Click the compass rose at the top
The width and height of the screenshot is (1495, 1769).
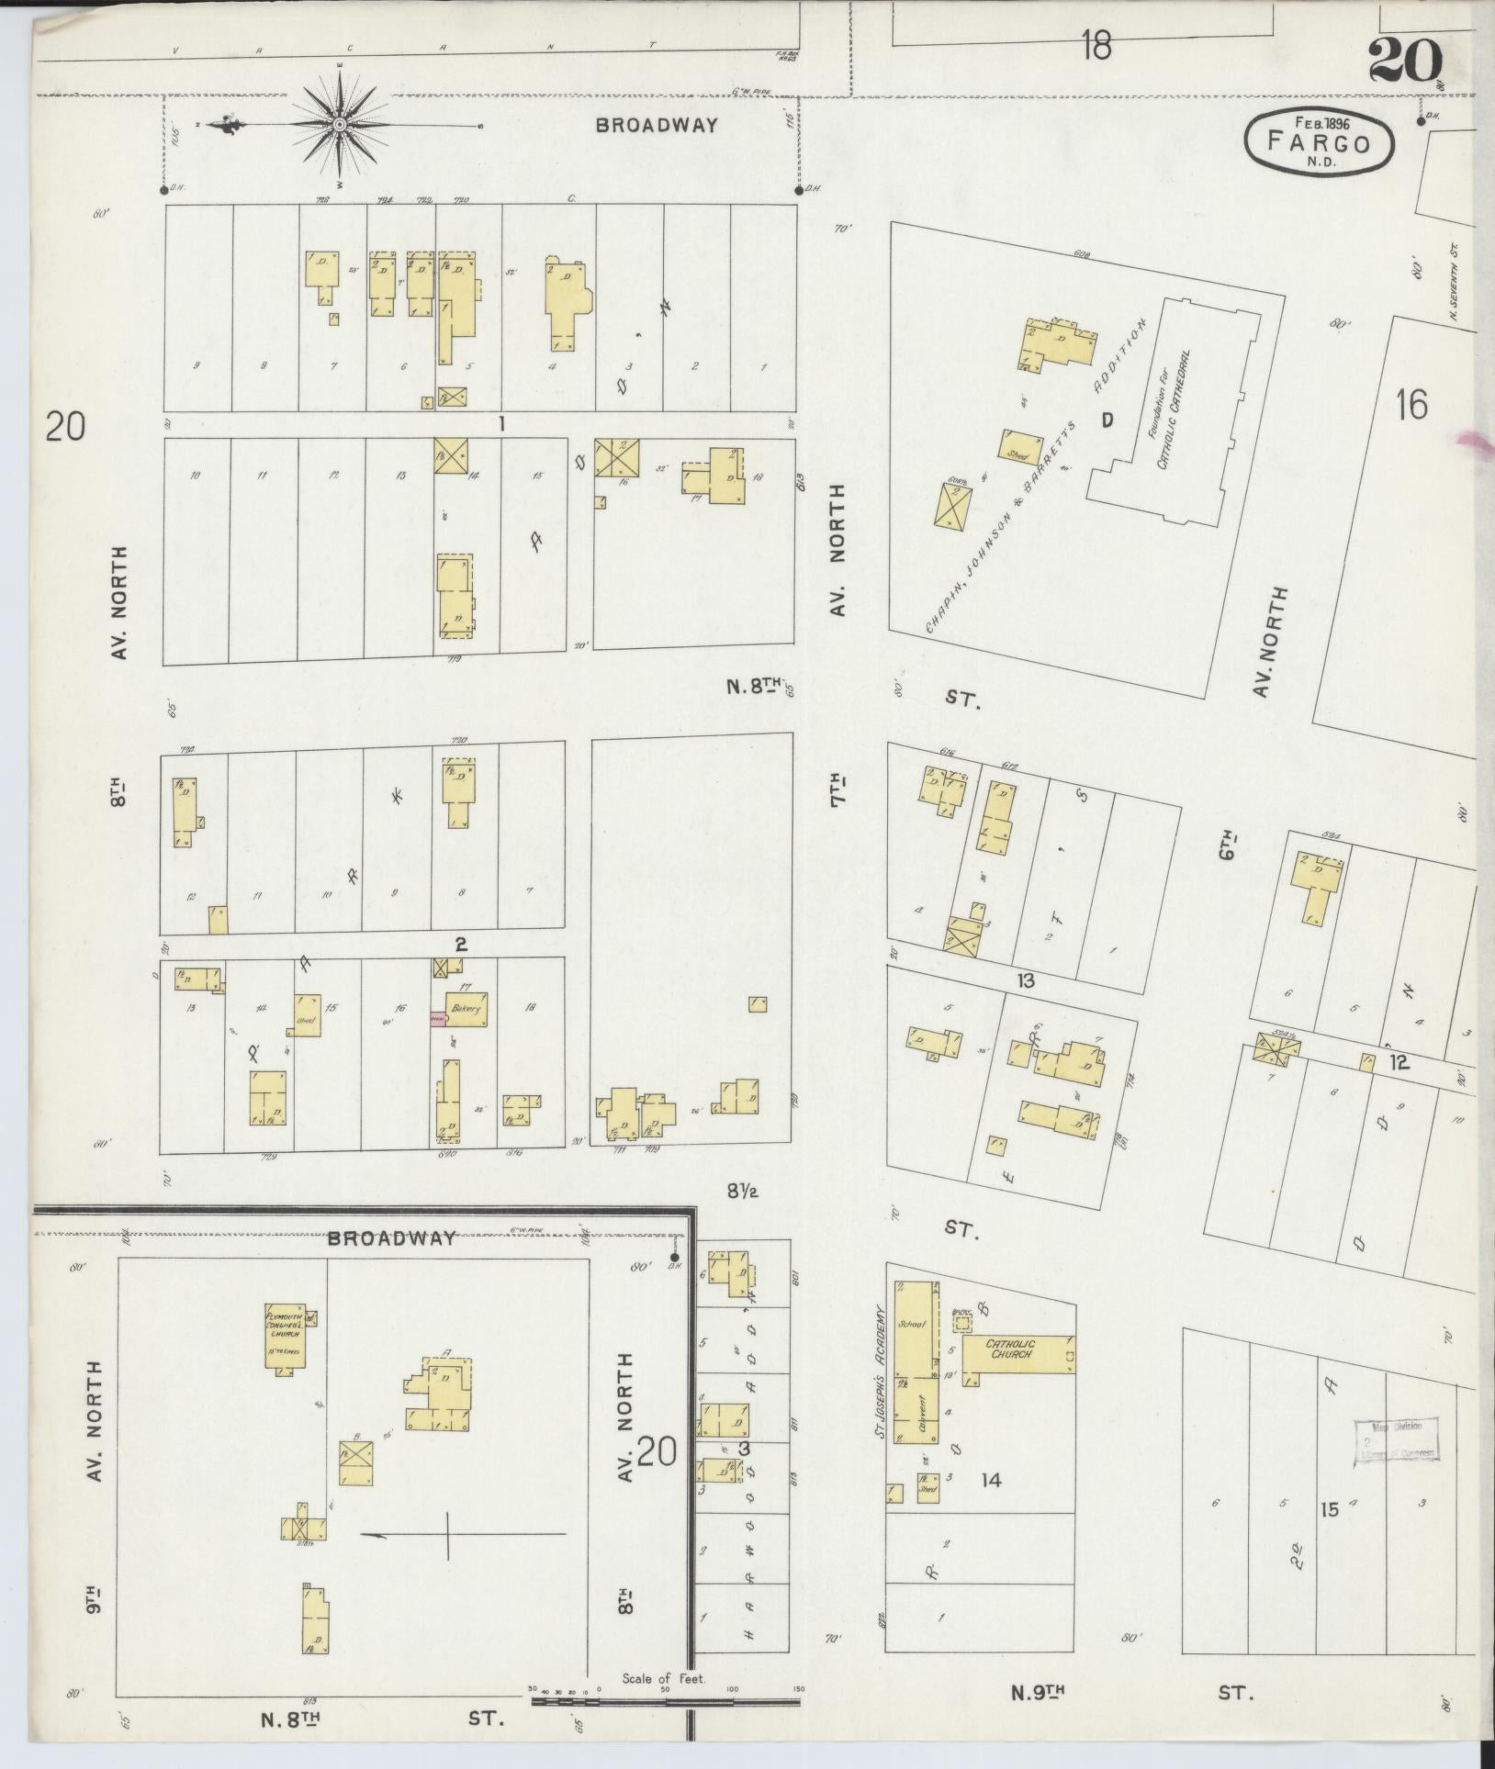pyautogui.click(x=339, y=124)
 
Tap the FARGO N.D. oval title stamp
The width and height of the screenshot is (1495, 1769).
pyautogui.click(x=1319, y=142)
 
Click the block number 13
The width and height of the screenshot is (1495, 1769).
pyautogui.click(x=1025, y=981)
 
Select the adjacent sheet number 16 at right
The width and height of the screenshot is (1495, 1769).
pyautogui.click(x=1411, y=404)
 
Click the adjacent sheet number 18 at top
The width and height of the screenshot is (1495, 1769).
pyautogui.click(x=1096, y=45)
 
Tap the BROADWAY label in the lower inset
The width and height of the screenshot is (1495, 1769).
pyautogui.click(x=392, y=1238)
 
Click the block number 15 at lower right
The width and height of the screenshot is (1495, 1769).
pyautogui.click(x=1329, y=1508)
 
